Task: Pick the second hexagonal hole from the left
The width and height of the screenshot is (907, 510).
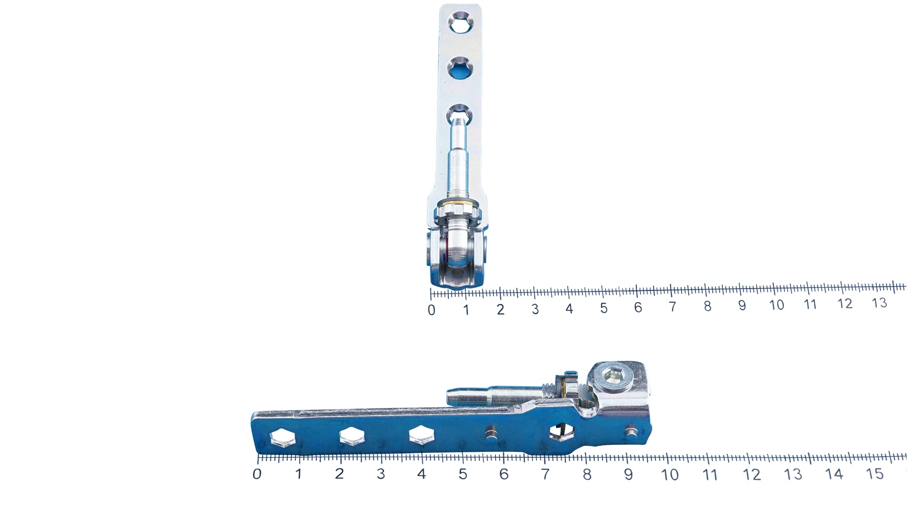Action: (x=352, y=436)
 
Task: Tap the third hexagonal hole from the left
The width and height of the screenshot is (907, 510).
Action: (x=422, y=434)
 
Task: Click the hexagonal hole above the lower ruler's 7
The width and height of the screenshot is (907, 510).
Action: (x=561, y=432)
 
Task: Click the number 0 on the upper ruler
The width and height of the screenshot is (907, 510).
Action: (x=431, y=310)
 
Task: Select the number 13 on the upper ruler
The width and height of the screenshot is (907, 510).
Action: (x=879, y=303)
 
